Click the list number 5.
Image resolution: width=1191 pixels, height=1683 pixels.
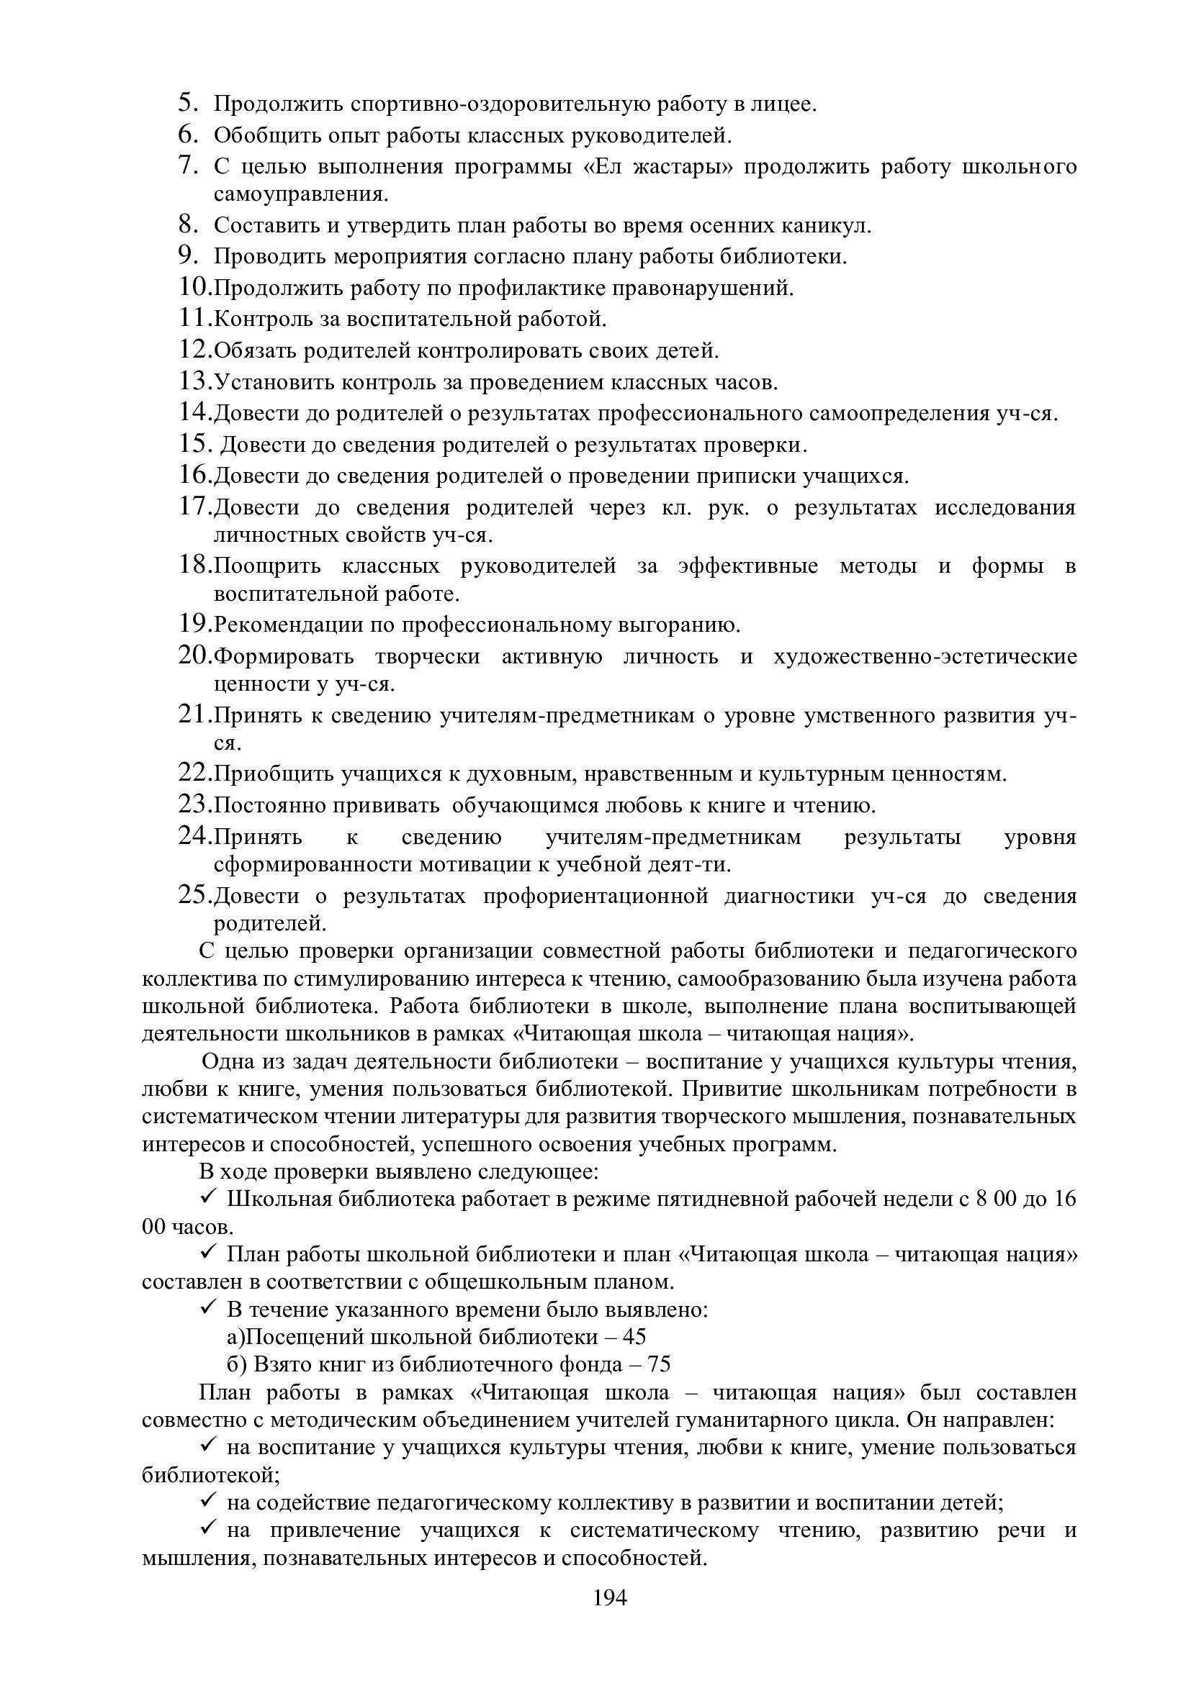[188, 103]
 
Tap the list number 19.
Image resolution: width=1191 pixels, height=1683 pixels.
[194, 624]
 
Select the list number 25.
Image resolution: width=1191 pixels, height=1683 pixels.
[194, 895]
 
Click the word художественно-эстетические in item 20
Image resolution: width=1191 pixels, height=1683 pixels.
[925, 656]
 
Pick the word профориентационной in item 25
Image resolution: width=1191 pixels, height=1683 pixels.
[595, 897]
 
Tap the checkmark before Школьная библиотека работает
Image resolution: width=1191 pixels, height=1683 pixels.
[206, 1197]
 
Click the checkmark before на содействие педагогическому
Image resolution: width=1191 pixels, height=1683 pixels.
[206, 1501]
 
